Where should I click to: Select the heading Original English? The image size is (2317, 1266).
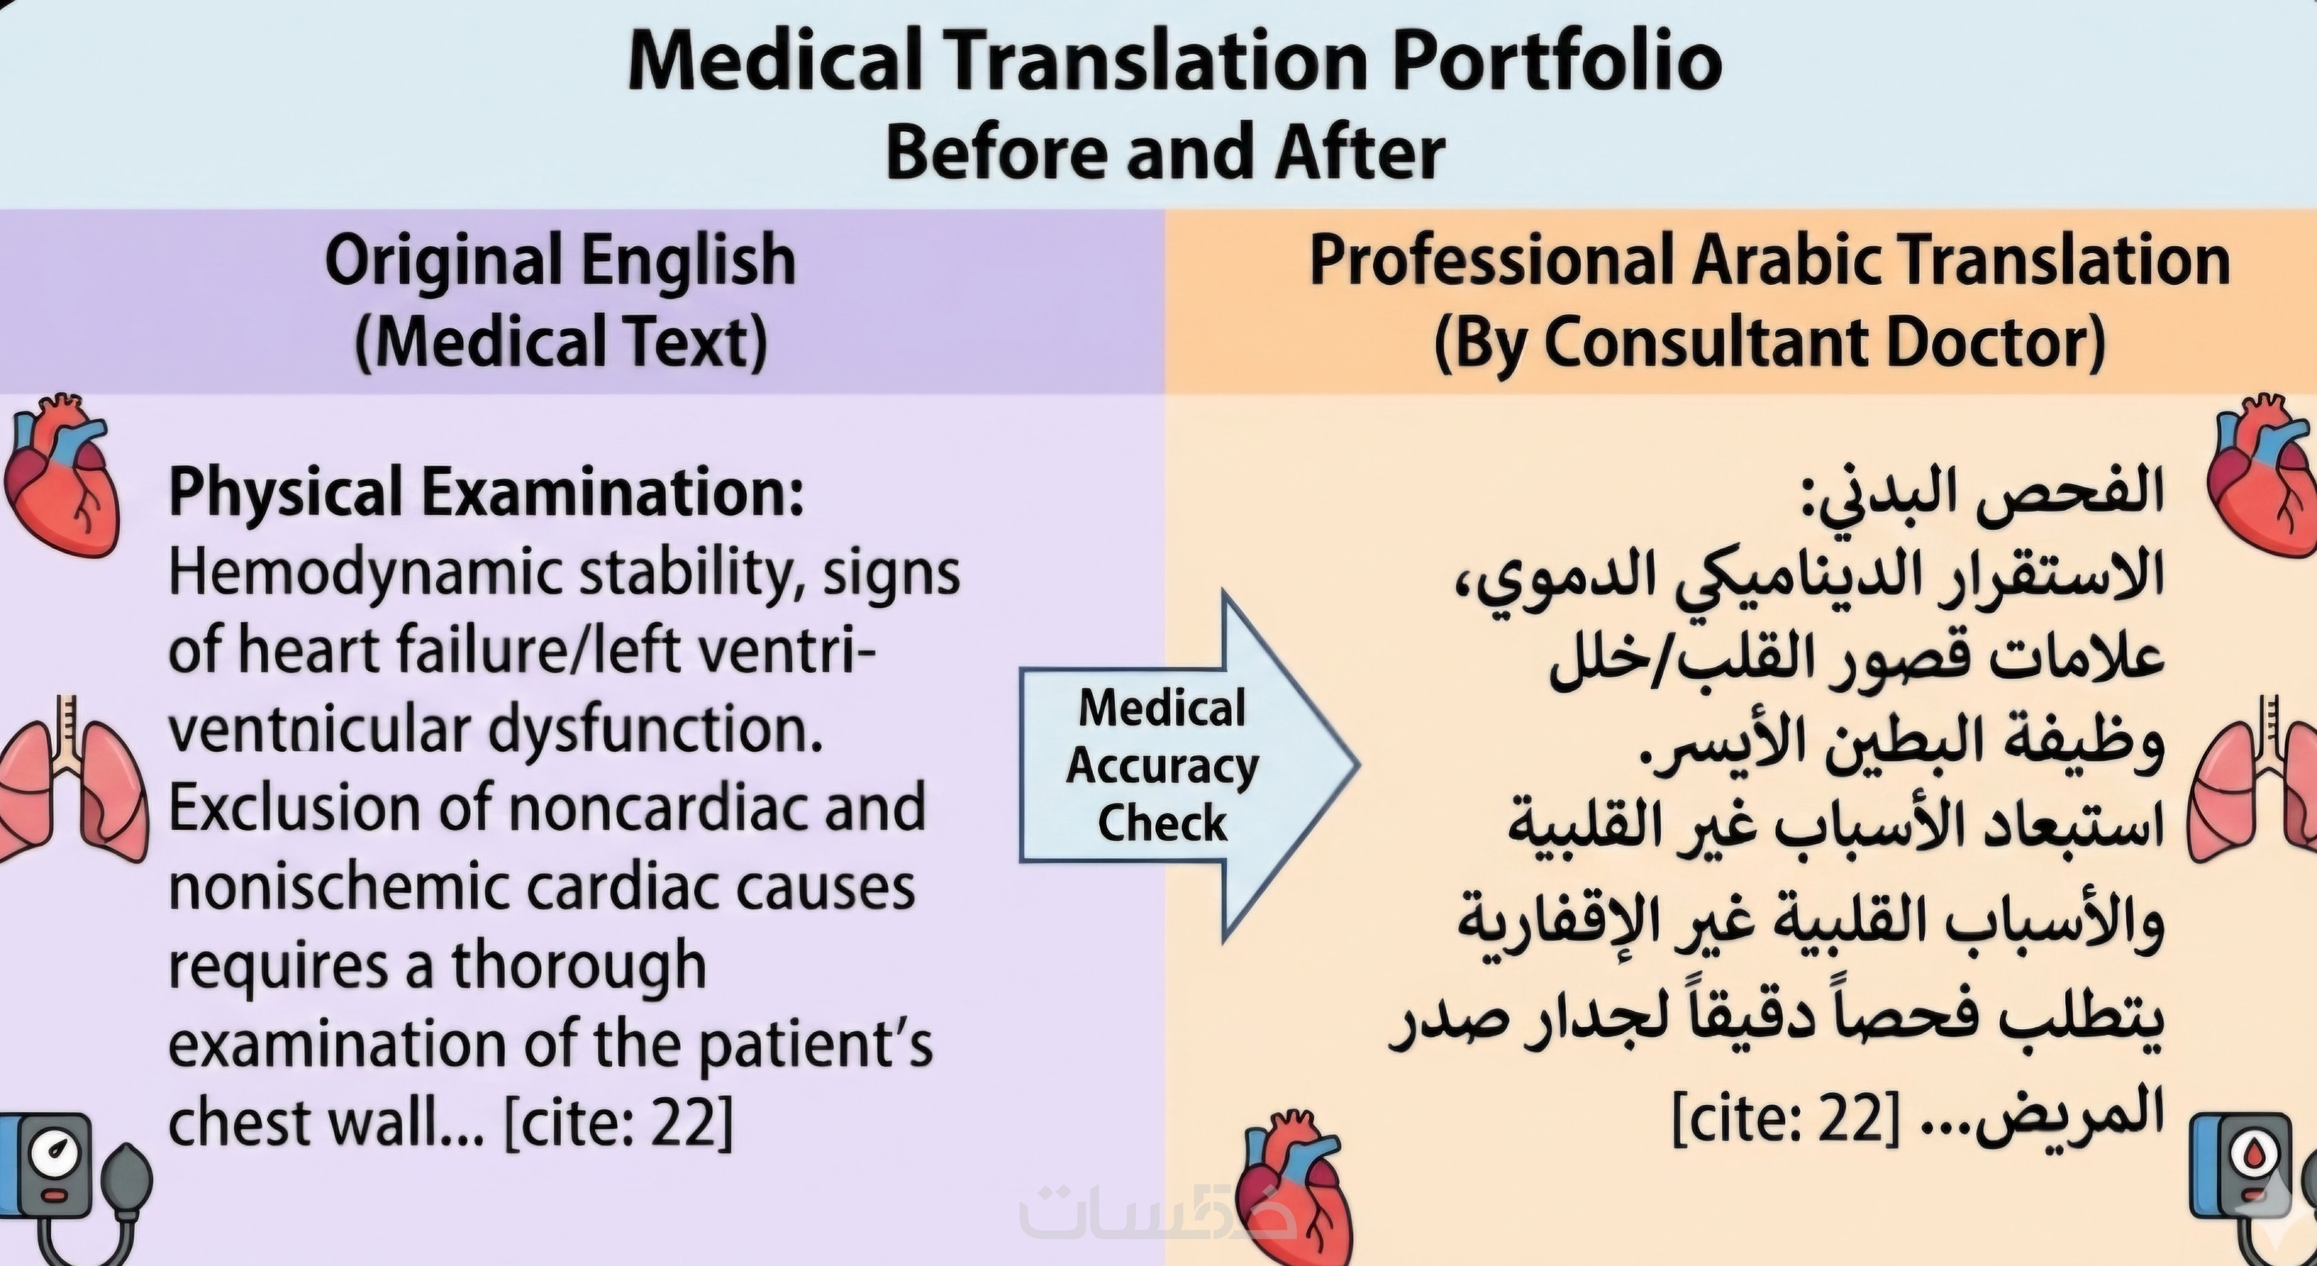pyautogui.click(x=560, y=260)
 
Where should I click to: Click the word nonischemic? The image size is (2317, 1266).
pyautogui.click(x=337, y=886)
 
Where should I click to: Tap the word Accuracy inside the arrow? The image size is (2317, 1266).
pyautogui.click(x=1162, y=767)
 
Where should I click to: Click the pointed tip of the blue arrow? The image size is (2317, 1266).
pyautogui.click(x=1358, y=765)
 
